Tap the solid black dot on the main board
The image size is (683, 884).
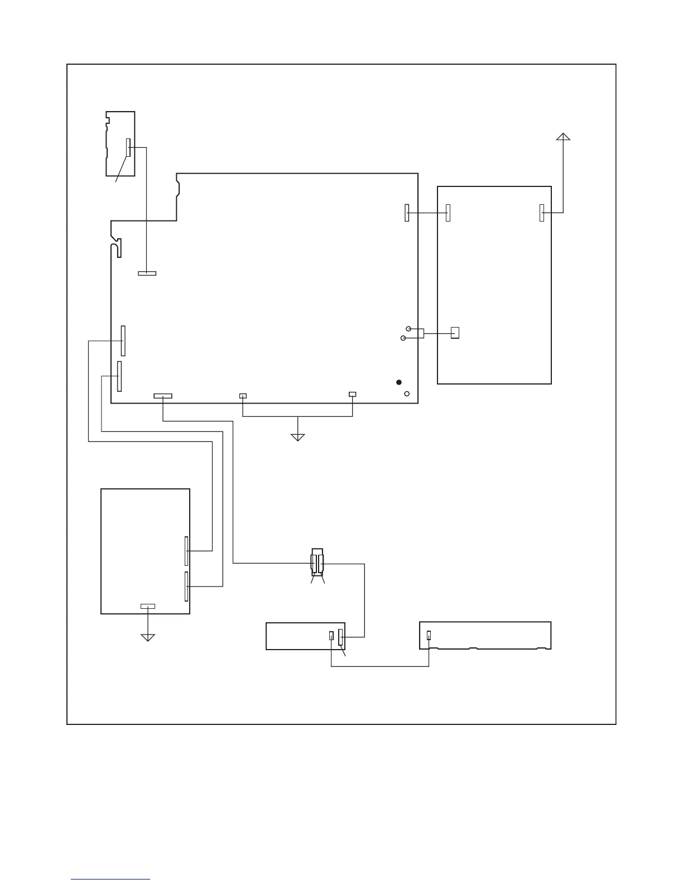click(x=398, y=382)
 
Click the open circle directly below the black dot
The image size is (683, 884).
click(x=407, y=394)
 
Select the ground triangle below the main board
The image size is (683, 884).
click(x=298, y=436)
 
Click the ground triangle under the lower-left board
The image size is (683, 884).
click(x=147, y=637)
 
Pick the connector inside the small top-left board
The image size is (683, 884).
click(x=128, y=148)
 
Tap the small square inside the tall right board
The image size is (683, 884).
click(x=455, y=333)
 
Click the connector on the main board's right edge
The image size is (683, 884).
click(x=407, y=213)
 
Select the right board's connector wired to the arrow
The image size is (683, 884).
click(x=541, y=213)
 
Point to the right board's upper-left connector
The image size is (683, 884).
click(x=448, y=213)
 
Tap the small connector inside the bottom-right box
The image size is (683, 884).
click(x=429, y=635)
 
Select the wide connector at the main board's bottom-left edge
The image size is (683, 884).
click(x=162, y=396)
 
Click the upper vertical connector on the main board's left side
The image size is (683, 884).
click(x=123, y=340)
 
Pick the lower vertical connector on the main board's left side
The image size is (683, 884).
click(x=119, y=376)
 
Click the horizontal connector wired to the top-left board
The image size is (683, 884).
click(x=147, y=273)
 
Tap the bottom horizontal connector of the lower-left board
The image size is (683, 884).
click(x=147, y=606)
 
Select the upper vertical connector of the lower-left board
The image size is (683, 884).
click(x=187, y=551)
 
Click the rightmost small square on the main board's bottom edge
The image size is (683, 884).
click(x=352, y=395)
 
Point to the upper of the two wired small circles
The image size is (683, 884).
click(x=408, y=329)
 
